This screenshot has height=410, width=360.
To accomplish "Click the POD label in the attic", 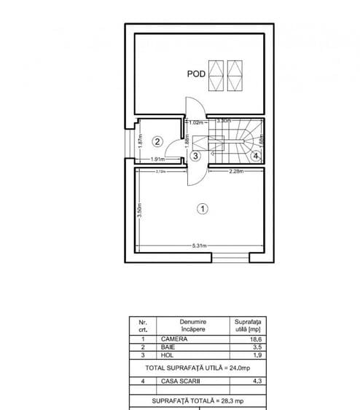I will [195, 74].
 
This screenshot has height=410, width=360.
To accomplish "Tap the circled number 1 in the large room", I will [203, 208].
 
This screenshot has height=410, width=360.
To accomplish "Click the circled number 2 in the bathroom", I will [157, 141].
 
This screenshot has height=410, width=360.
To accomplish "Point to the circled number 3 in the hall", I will [194, 154].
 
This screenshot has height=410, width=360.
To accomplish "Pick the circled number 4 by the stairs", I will [256, 154].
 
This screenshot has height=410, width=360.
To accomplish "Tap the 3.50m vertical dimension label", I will [139, 209].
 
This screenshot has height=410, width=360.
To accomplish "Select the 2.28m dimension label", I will [235, 172].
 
